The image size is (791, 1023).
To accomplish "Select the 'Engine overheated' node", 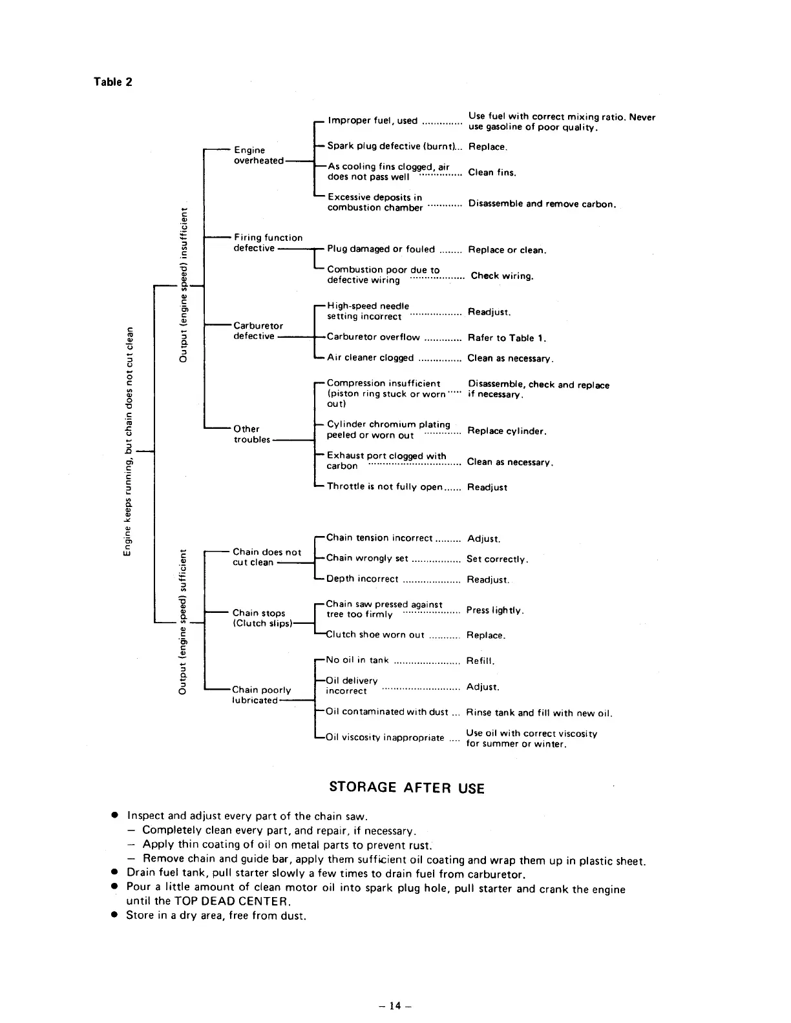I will (x=258, y=155).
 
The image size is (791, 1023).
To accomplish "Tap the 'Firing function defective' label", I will (x=268, y=243).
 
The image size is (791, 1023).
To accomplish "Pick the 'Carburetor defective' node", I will (x=258, y=331).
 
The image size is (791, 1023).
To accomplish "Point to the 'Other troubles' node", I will (x=251, y=434).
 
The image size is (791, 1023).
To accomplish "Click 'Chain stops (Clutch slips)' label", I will (x=262, y=618).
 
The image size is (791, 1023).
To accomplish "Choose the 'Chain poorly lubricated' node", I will (x=261, y=695).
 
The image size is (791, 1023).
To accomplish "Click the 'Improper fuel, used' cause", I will (x=372, y=120).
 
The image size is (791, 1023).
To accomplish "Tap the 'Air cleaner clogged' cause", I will (x=370, y=358).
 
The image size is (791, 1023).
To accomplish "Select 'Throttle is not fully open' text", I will (x=385, y=487).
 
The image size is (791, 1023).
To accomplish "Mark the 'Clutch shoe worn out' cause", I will (x=375, y=635).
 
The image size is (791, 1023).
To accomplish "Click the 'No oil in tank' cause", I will (x=357, y=660).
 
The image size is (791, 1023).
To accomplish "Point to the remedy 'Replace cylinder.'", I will (x=507, y=431).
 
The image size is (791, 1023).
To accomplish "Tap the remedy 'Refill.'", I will (x=480, y=661).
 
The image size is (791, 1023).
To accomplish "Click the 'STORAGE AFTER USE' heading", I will (x=406, y=787).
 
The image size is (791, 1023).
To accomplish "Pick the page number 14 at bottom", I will (x=395, y=1006).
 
